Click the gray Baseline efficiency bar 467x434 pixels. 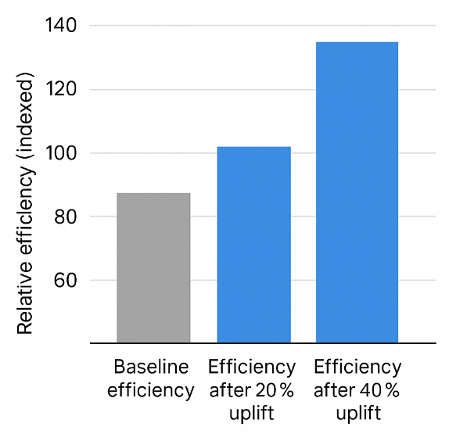[x=153, y=267]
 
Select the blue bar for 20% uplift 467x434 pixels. [x=253, y=244]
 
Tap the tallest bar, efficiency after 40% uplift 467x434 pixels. [x=357, y=192]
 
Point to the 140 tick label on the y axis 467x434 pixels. [x=60, y=26]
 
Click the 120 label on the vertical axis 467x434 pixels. [x=60, y=90]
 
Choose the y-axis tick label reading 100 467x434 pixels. [x=60, y=153]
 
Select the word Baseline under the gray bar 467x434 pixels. [x=152, y=368]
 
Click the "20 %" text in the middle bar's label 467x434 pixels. [x=277, y=390]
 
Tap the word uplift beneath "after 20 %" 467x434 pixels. [x=252, y=413]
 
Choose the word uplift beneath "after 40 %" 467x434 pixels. [x=357, y=413]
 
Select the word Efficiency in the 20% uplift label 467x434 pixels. [x=252, y=368]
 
